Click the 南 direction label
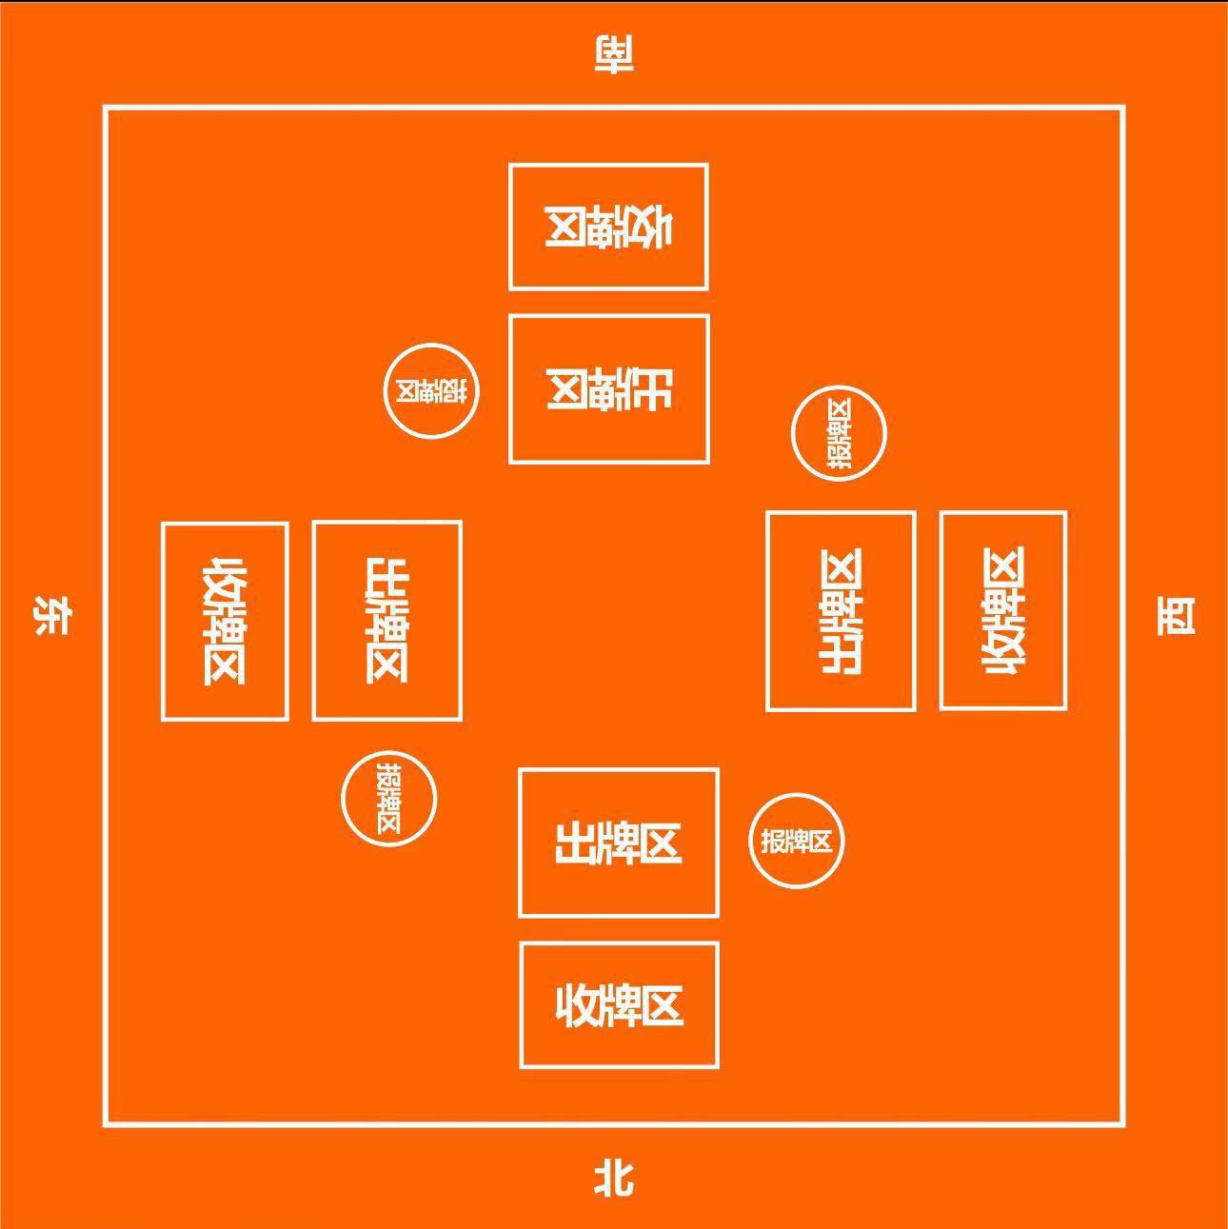(x=614, y=55)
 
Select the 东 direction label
(x=51, y=616)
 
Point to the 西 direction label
(x=1176, y=616)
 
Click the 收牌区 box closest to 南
(x=608, y=227)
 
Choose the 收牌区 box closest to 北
(x=619, y=1005)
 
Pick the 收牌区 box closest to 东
(x=225, y=621)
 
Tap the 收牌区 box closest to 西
(x=1002, y=610)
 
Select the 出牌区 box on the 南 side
(x=609, y=388)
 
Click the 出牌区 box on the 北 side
(x=619, y=843)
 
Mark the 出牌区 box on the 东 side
(x=387, y=621)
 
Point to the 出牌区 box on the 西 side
(x=841, y=611)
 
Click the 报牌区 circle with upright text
(x=797, y=841)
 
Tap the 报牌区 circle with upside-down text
(x=431, y=391)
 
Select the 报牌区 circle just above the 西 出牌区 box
(x=839, y=434)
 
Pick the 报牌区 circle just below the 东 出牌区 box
(x=388, y=799)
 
